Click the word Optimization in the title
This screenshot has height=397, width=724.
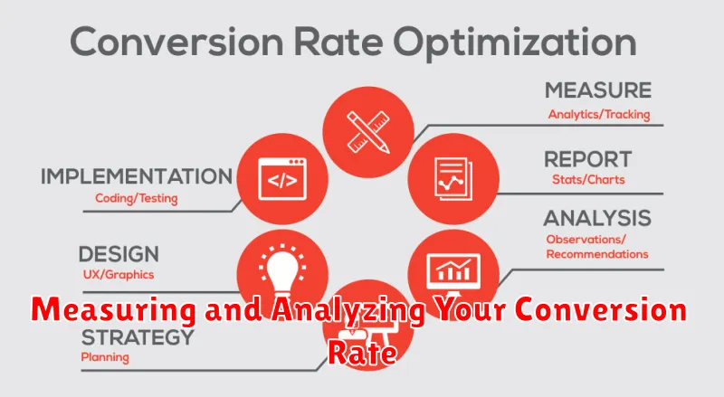point(515,43)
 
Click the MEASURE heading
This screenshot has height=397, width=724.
point(598,90)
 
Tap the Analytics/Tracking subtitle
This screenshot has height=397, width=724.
point(599,115)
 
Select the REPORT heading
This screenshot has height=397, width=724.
point(587,160)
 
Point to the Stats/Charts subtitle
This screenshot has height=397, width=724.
point(588,180)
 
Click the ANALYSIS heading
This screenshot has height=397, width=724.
point(597,218)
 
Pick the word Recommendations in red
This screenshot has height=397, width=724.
point(597,254)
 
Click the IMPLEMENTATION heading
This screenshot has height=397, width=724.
point(137,176)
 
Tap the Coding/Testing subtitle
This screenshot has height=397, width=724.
point(137,199)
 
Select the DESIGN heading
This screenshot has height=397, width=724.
point(119,254)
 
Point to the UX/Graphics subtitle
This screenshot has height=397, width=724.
point(119,275)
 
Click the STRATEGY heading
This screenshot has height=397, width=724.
point(138,337)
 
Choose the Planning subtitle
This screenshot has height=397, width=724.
point(105,357)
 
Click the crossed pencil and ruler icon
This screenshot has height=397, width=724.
point(368,132)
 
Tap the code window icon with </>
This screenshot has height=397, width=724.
point(282,179)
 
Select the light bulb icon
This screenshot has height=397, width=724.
point(282,271)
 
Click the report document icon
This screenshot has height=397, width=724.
point(453,179)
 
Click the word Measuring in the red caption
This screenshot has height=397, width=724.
point(114,310)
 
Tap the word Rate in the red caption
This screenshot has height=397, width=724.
point(362,354)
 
